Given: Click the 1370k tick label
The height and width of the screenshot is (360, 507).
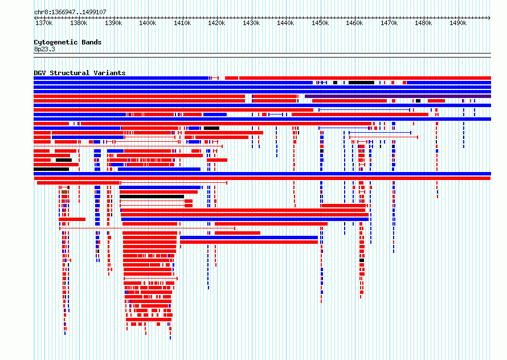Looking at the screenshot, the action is (44, 23).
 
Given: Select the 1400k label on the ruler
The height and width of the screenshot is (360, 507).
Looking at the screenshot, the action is (148, 23).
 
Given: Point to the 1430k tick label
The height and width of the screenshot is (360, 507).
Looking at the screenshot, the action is (251, 23).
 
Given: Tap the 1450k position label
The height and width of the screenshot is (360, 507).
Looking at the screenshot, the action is (320, 23).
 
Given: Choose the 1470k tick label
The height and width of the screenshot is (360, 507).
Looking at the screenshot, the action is (389, 23).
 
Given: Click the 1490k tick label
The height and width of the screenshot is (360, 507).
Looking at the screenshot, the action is (458, 23).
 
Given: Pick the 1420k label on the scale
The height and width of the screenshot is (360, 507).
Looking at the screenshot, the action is (216, 23).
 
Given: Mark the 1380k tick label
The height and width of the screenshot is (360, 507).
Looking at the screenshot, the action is (79, 23).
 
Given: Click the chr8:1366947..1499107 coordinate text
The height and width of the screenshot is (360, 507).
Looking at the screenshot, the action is (70, 13).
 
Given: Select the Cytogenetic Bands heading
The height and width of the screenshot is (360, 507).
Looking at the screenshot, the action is (68, 42).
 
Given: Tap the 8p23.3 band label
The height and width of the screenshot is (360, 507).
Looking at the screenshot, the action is (44, 50).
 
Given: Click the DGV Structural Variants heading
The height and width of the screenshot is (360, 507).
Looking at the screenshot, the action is (80, 73).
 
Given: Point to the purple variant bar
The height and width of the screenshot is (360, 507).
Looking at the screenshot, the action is (398, 96).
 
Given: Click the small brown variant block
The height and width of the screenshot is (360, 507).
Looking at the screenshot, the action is (64, 192).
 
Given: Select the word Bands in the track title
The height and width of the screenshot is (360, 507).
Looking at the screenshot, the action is (92, 42).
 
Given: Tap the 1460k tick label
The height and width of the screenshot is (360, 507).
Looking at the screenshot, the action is (354, 23).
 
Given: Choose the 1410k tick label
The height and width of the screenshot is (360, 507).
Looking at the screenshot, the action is (182, 23).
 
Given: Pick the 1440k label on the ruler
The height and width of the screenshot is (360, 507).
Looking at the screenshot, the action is (285, 23).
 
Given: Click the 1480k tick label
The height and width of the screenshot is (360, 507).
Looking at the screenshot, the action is (423, 23).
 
